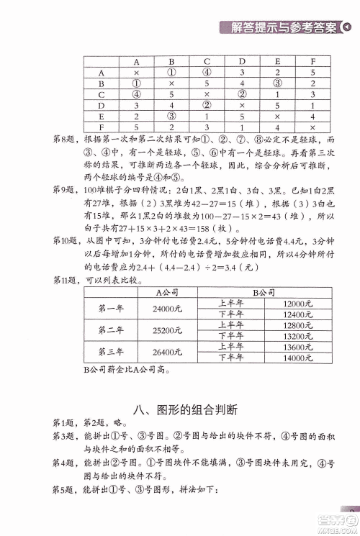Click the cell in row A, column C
pos(206,72)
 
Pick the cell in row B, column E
pos(276,83)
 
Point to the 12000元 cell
pos(297,303)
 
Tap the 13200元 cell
pos(297,336)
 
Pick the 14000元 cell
pos(297,358)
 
